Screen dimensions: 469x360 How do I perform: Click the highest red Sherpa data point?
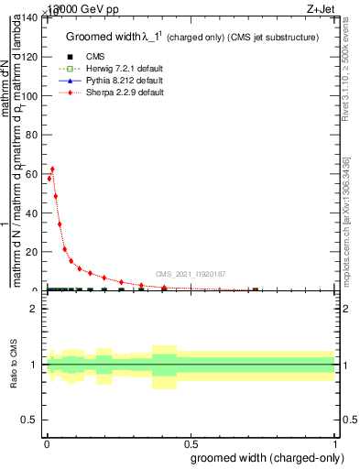click(x=52, y=169)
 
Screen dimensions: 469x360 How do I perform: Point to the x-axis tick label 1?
click(x=334, y=444)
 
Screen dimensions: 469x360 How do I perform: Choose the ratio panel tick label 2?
click(x=34, y=310)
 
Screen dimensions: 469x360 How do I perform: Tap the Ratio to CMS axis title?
click(x=13, y=365)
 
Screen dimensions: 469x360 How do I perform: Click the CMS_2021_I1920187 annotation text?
click(x=191, y=274)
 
